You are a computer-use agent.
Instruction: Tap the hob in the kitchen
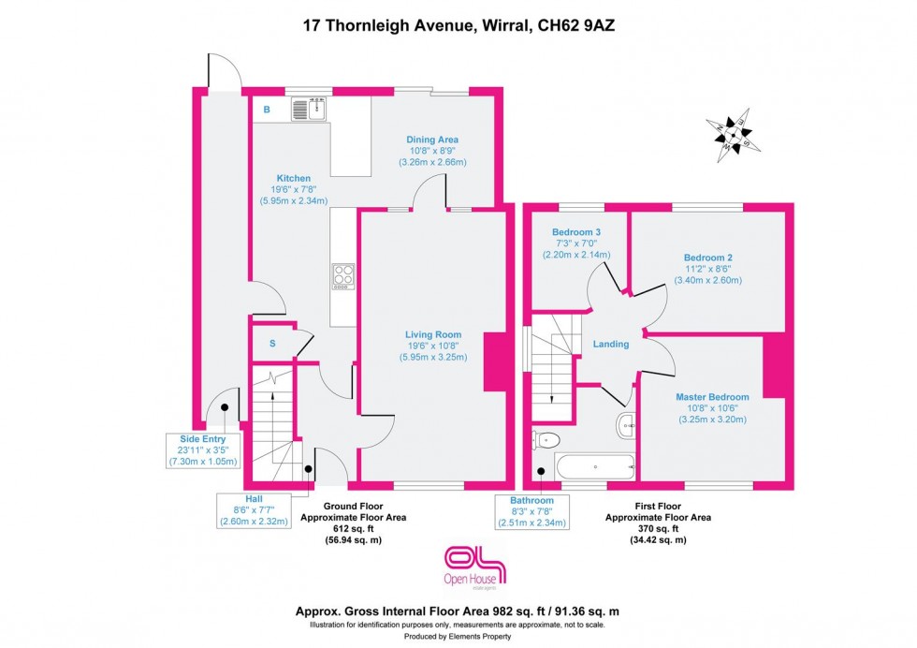tap(342, 276)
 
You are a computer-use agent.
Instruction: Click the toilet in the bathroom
tap(546, 439)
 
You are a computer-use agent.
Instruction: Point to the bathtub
tap(594, 464)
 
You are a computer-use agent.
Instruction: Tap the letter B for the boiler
tap(267, 110)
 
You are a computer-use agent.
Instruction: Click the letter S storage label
tap(272, 344)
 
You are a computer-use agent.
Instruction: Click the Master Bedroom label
tap(712, 397)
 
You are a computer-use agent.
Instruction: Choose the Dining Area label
tap(432, 140)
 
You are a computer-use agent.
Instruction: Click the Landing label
tap(611, 344)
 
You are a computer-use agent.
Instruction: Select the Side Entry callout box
tap(203, 449)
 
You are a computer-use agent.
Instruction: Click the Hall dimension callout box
tap(254, 510)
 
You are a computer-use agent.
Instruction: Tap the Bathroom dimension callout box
tap(531, 511)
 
